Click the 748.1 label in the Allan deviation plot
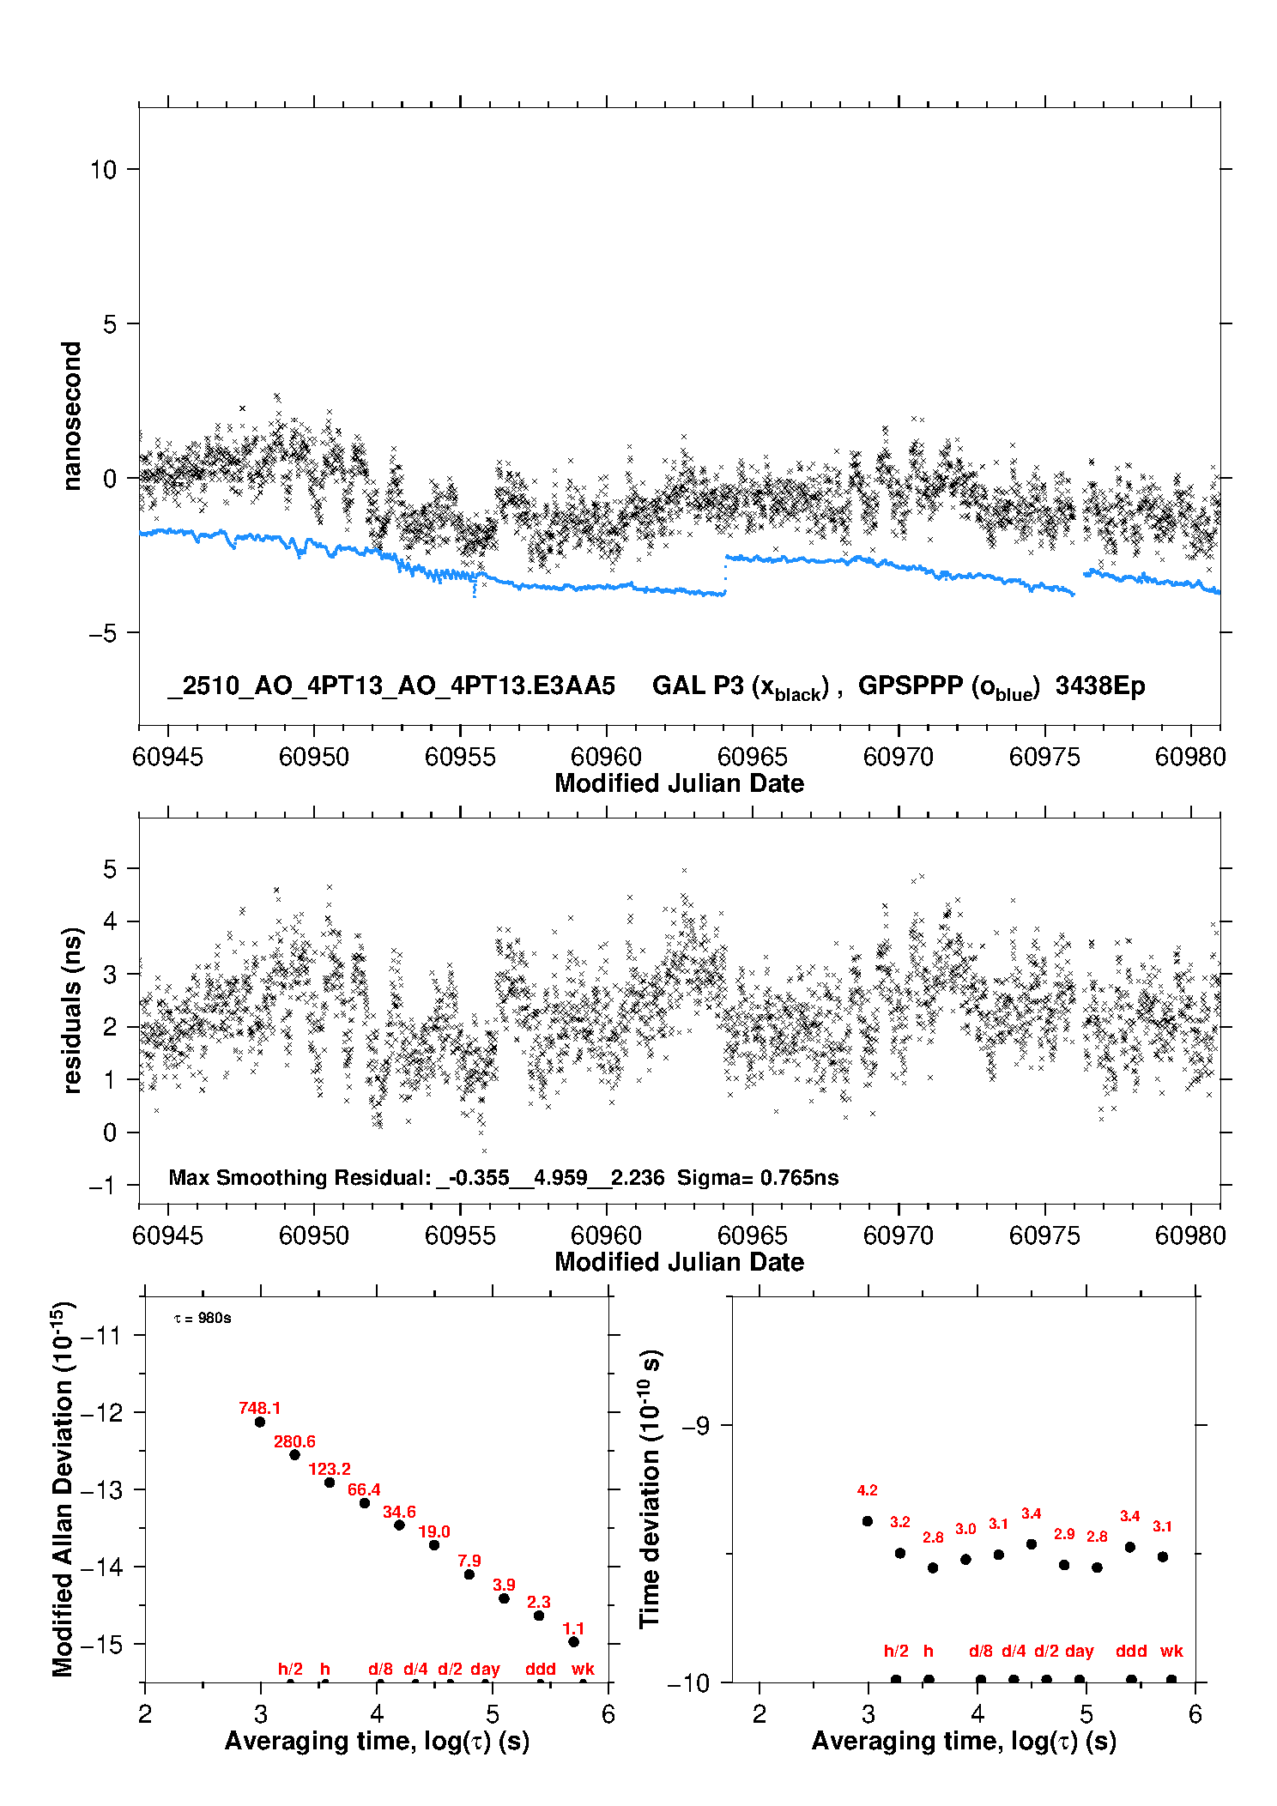(x=259, y=1408)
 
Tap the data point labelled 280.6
(x=294, y=1454)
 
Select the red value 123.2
(x=330, y=1469)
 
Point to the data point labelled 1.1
(x=573, y=1641)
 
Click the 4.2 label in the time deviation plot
(x=867, y=1490)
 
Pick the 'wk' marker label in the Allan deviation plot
(x=583, y=1669)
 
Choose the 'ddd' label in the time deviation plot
(x=1131, y=1651)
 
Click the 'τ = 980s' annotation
(x=203, y=1318)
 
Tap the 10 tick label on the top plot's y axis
(x=103, y=170)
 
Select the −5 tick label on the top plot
(x=103, y=633)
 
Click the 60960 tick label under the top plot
(x=606, y=757)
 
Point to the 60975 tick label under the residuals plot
(x=1044, y=1235)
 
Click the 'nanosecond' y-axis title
(x=72, y=415)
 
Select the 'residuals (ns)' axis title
(x=72, y=1010)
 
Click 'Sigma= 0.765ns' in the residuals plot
(x=758, y=1177)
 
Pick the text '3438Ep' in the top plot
(x=1100, y=686)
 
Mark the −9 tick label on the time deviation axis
(x=696, y=1425)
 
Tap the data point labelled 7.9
(x=469, y=1574)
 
